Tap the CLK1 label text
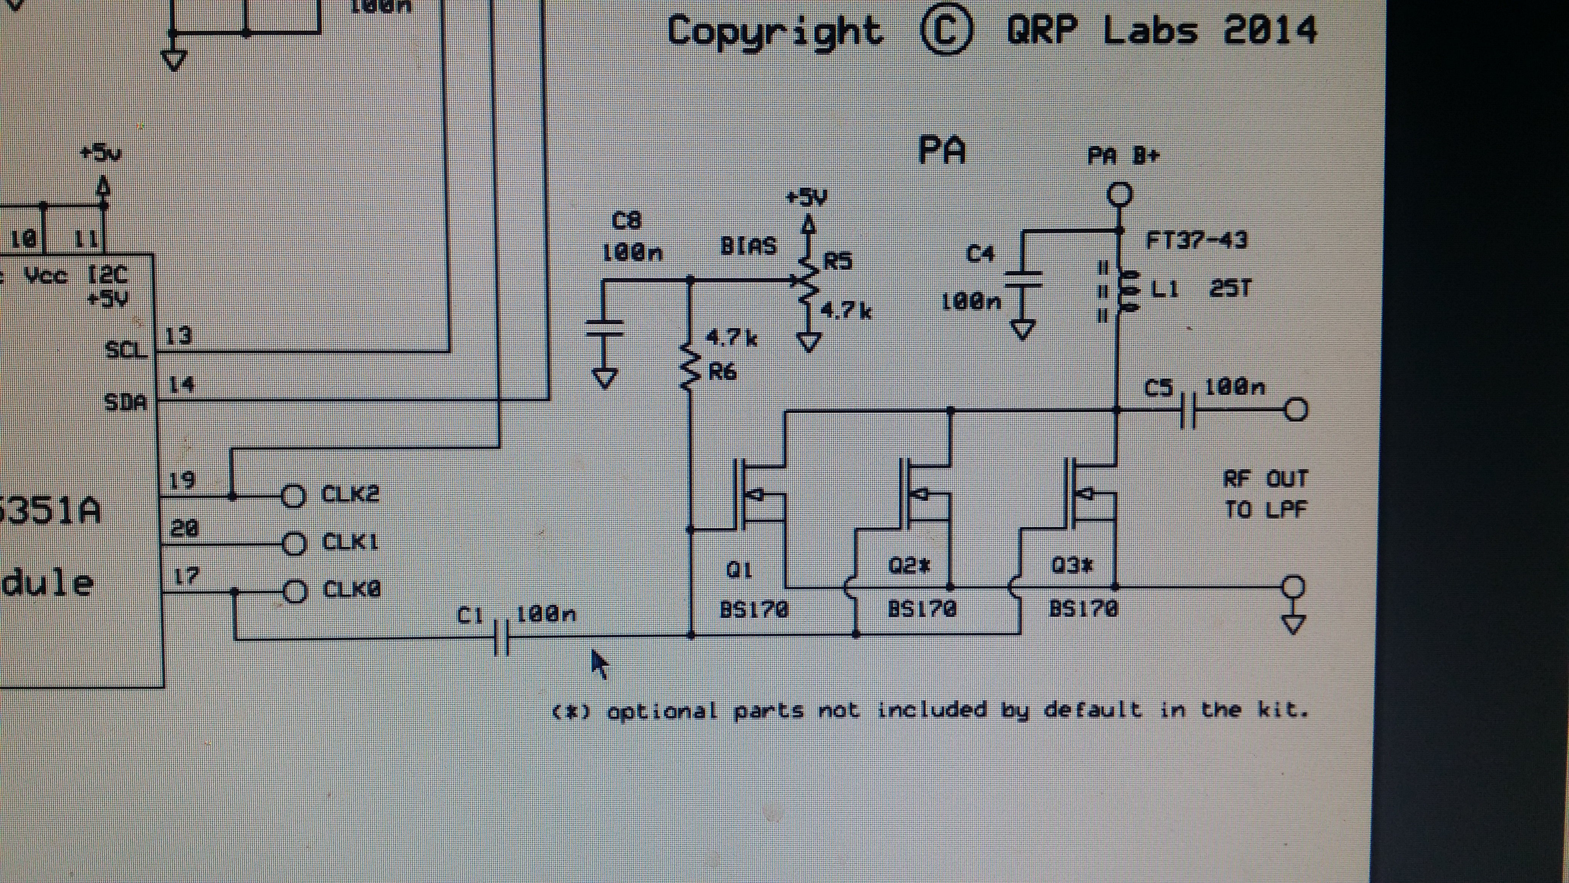(x=350, y=542)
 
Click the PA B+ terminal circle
(x=1119, y=195)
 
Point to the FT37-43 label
(x=1196, y=240)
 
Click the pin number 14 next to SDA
(x=180, y=384)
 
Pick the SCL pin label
(x=127, y=350)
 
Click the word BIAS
(x=748, y=246)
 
